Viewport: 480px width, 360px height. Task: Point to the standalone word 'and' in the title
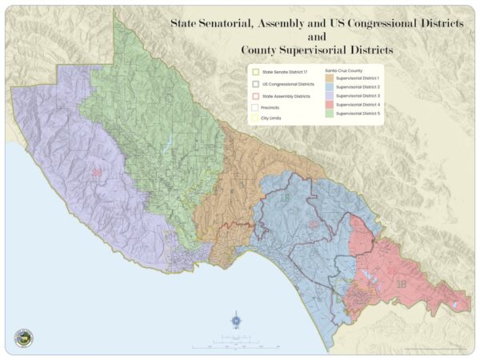[x=318, y=36]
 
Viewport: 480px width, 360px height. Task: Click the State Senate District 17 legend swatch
[x=254, y=72]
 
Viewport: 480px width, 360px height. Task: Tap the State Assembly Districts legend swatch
[x=254, y=94]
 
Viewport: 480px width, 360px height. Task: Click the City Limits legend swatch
[x=254, y=118]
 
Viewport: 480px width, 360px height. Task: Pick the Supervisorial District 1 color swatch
[x=330, y=78]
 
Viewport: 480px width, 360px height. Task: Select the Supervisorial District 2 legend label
[x=358, y=86]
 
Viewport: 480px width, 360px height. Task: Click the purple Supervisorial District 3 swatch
[x=330, y=95]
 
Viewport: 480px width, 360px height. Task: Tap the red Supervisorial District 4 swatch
[x=330, y=105]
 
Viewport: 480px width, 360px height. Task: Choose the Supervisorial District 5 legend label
[x=358, y=114]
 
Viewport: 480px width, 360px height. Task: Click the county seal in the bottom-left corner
[x=24, y=338]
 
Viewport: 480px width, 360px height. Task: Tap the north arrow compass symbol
[x=236, y=322]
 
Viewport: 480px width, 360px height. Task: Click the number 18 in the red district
[x=401, y=283]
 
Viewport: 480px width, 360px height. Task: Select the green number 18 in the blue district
[x=285, y=198]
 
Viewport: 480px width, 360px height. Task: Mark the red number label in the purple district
[x=97, y=172]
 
